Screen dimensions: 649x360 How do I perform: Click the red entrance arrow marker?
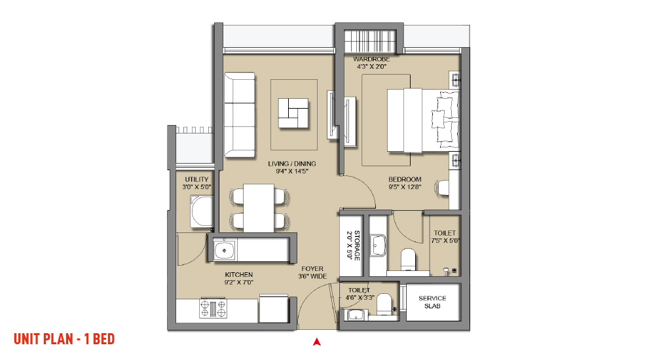tap(316, 342)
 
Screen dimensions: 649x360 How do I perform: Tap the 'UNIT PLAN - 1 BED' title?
tap(64, 339)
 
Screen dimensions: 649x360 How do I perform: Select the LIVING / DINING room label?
tap(292, 164)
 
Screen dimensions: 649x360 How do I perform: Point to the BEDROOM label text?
tap(405, 179)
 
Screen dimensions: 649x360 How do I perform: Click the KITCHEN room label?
tap(239, 275)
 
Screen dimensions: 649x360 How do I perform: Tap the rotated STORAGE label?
tap(357, 245)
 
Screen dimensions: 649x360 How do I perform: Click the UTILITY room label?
tap(196, 179)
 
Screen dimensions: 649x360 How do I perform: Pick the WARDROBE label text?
tap(371, 59)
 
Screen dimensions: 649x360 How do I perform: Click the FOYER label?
tap(312, 269)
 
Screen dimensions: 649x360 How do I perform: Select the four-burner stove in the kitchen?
tap(213, 308)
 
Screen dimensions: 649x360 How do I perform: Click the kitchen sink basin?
tap(225, 250)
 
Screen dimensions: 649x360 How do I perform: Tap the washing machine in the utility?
tap(202, 211)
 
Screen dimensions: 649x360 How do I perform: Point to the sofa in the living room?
tap(239, 115)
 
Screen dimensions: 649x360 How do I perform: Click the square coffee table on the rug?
tap(293, 113)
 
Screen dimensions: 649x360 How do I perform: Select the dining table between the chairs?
tap(259, 208)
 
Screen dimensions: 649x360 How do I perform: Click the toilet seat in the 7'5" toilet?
tap(408, 259)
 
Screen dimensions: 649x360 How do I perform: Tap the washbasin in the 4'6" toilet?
tap(356, 315)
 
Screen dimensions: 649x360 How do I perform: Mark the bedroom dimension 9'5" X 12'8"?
tap(405, 187)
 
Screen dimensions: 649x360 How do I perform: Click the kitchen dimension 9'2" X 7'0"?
tap(239, 283)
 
